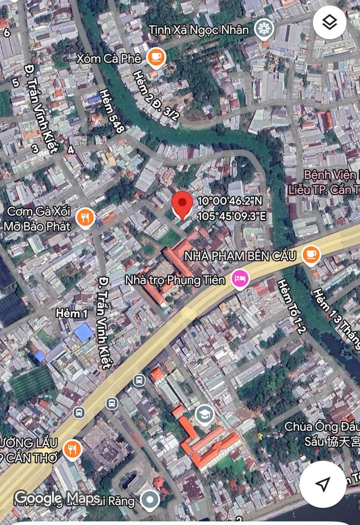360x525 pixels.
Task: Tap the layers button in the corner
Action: tap(329, 22)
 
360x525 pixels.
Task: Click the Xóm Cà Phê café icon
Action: tap(156, 58)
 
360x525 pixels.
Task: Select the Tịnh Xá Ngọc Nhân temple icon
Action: tap(263, 29)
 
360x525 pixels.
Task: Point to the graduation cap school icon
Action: tap(204, 414)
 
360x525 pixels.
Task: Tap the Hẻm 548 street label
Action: tap(111, 111)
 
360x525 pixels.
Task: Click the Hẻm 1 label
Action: tap(71, 313)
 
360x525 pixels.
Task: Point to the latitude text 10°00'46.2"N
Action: tap(229, 201)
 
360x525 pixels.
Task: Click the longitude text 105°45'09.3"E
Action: tap(231, 216)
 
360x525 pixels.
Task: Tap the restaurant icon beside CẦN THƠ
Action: tap(73, 449)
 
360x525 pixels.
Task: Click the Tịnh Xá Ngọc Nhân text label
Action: tap(198, 30)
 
